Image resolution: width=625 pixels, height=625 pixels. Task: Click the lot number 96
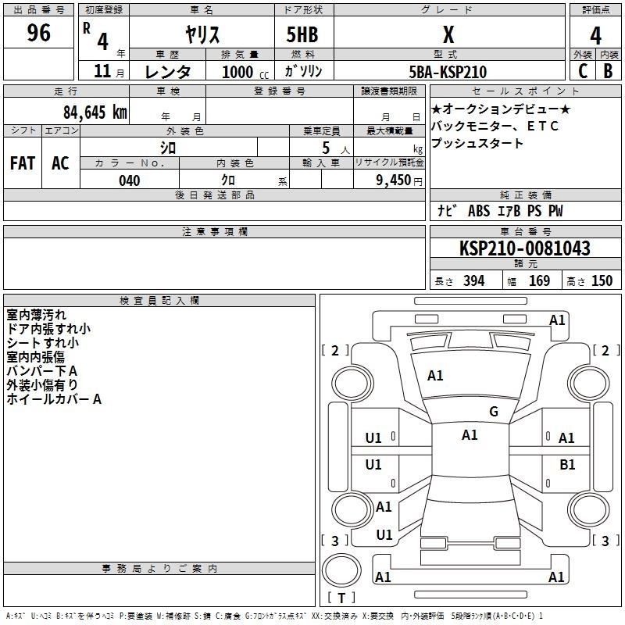click(x=38, y=33)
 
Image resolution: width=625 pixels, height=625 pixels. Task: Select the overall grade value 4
click(x=595, y=35)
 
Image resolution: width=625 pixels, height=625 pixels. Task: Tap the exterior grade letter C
click(x=583, y=71)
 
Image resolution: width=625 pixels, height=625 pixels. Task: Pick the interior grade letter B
click(x=608, y=71)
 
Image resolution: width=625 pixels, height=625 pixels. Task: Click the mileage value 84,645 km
click(x=95, y=112)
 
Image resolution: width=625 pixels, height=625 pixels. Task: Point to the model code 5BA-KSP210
click(x=448, y=72)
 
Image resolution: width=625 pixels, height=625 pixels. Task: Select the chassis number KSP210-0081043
click(x=524, y=248)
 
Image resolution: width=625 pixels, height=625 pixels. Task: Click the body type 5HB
click(x=302, y=34)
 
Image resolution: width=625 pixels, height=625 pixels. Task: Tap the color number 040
click(x=129, y=180)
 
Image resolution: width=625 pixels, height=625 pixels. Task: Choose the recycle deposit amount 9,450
click(x=394, y=180)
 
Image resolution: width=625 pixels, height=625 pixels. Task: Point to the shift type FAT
click(x=23, y=163)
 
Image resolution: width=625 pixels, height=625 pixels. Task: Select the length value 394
click(x=474, y=280)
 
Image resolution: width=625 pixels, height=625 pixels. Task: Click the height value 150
click(x=602, y=280)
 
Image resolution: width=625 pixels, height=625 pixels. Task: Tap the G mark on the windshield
click(x=494, y=412)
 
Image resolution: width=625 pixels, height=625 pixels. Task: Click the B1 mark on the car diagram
click(x=567, y=464)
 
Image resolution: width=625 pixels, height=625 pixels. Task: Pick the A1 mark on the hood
click(x=435, y=376)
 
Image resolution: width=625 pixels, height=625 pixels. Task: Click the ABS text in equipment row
click(x=479, y=210)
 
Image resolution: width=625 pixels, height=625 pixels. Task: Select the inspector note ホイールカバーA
click(x=54, y=399)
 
